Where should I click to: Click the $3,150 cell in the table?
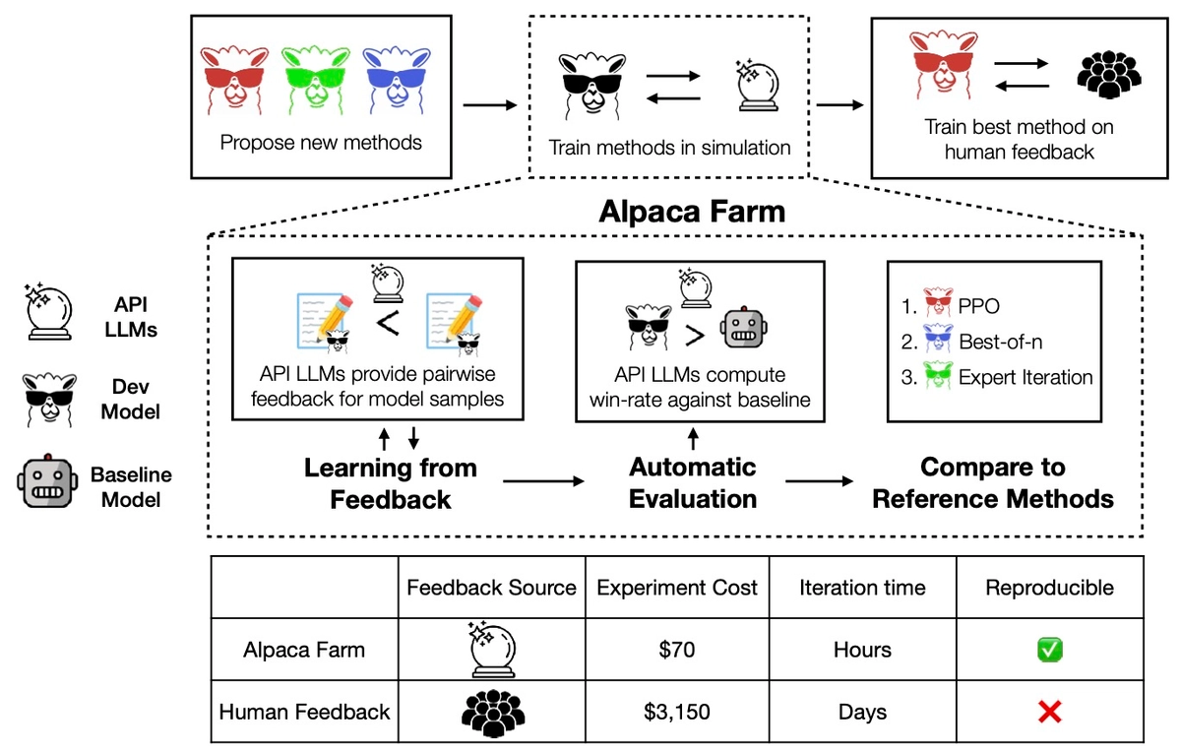point(677,711)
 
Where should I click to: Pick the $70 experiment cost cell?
point(677,650)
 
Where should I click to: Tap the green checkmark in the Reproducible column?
point(1050,650)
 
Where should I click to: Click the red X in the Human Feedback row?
point(1050,711)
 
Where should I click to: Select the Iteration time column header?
point(862,588)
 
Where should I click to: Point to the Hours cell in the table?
point(862,650)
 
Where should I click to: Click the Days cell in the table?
point(862,711)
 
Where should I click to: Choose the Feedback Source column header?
point(492,588)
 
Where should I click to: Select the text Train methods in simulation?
point(669,149)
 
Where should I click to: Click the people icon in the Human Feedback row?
point(492,711)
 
